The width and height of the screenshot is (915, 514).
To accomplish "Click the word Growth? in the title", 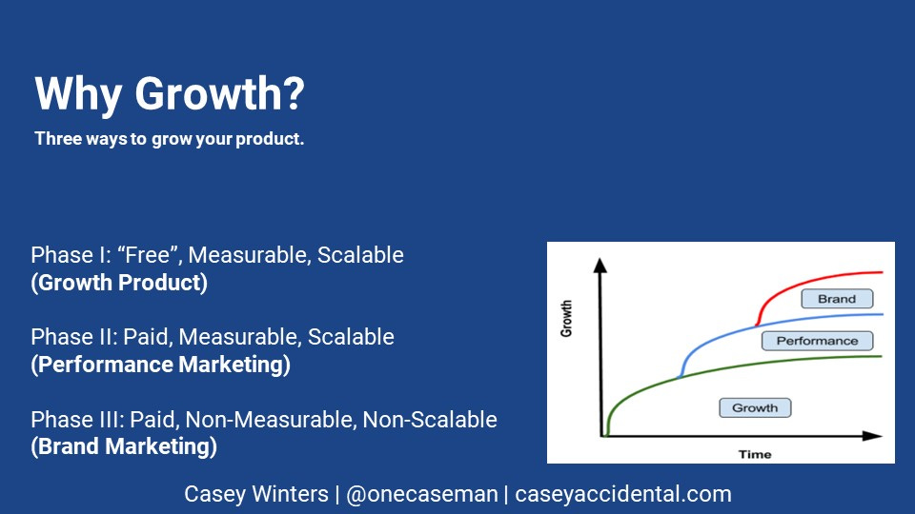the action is pos(219,93).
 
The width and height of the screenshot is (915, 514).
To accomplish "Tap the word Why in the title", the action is pos(78,93).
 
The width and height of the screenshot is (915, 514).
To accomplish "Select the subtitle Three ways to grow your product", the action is pos(170,139).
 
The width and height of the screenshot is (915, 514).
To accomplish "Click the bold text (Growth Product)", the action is pos(119,283).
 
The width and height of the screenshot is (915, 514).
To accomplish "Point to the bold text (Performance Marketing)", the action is pos(160,365).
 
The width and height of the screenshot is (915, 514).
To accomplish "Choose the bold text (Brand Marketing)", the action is pos(124,446).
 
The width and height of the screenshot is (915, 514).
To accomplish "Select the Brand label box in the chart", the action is pos(837,299).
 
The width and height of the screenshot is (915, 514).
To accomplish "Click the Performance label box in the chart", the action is pos(817,341).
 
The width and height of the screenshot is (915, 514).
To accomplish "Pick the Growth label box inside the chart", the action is pos(755,408).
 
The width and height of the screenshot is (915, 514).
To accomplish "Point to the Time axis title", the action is pos(755,455).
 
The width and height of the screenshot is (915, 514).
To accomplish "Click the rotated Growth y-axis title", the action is pos(566,319).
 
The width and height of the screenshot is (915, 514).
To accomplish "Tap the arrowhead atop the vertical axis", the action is pos(600,266).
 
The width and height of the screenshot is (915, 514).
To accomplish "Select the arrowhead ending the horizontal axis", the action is pos(872,436).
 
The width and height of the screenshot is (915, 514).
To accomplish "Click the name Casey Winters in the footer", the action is pos(256,494).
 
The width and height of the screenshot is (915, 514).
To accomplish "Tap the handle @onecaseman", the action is pos(422,494).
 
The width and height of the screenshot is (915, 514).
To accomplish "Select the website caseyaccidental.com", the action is pos(622,494).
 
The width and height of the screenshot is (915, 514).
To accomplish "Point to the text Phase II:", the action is pos(73,337).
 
